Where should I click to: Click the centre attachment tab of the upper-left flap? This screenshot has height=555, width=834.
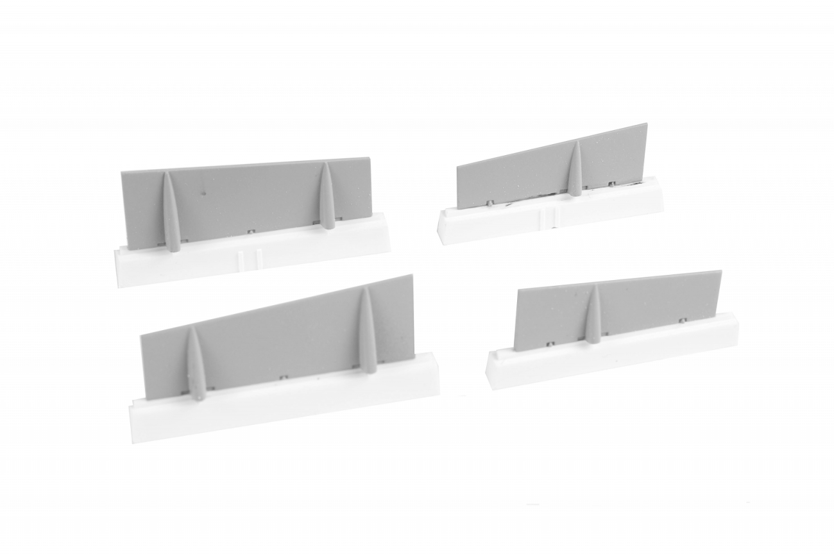[x=251, y=229]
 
